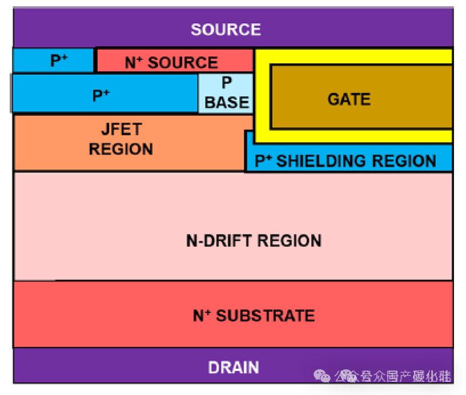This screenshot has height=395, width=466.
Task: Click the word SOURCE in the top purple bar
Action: click(226, 30)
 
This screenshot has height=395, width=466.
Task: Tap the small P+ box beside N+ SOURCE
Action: click(53, 60)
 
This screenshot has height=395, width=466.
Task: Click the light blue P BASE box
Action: click(226, 92)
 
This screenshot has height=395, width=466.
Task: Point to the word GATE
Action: click(349, 99)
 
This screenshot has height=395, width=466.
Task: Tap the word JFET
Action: click(121, 130)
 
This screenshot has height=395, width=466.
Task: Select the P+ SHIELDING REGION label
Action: click(345, 161)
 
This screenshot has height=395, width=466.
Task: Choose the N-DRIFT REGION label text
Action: click(254, 240)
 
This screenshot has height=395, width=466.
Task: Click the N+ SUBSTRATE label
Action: click(254, 315)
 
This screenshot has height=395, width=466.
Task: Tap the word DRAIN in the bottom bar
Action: click(234, 367)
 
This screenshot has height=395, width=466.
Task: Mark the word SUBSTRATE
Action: click(266, 315)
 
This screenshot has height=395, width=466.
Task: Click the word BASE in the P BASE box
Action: click(227, 102)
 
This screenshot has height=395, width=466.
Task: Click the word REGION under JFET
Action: click(121, 150)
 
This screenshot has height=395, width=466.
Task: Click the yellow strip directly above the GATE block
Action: click(354, 57)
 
